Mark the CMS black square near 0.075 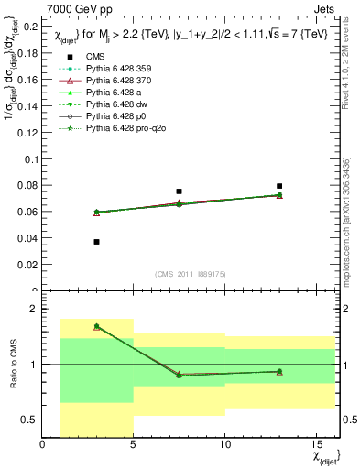pos(179,191)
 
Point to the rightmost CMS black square pos(279,186)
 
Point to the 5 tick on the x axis pos(133,444)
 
